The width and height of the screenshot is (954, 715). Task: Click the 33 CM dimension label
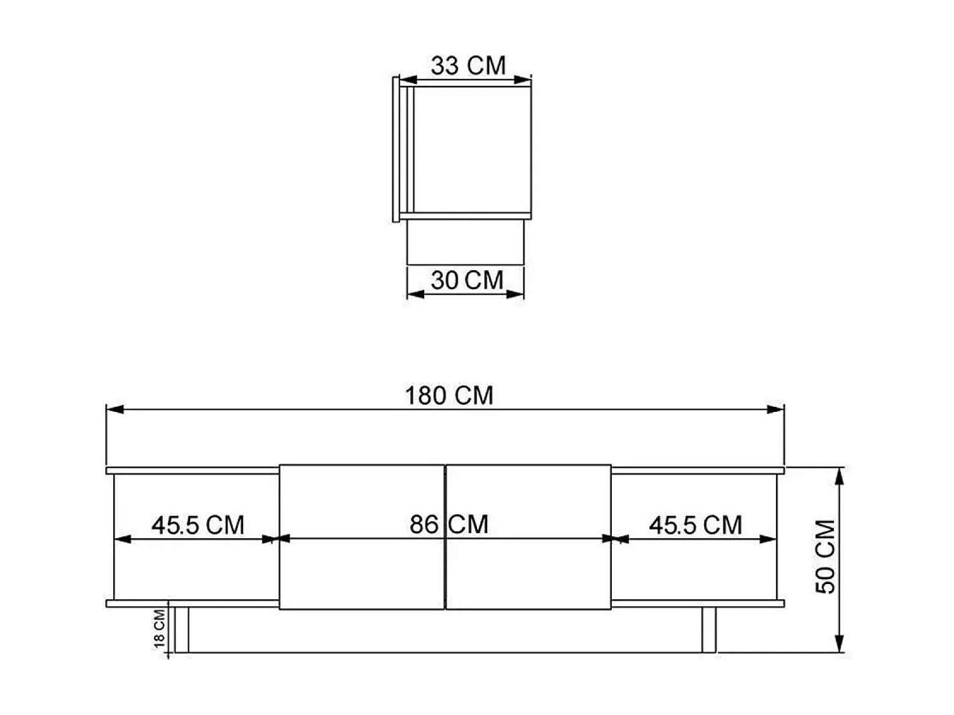[x=468, y=65]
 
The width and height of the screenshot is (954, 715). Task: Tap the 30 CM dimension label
[x=467, y=280]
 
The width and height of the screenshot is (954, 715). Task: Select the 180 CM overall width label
[x=449, y=395]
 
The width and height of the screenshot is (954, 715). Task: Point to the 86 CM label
[x=449, y=524]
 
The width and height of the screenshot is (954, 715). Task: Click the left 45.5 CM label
[x=198, y=525]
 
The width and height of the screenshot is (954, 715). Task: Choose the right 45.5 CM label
[x=695, y=525]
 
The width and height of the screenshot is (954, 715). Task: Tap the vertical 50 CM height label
[x=826, y=557]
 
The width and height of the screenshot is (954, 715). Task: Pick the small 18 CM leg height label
[x=159, y=629]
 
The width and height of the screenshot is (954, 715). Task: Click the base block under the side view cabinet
[x=465, y=242]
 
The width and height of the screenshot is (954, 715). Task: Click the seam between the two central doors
[x=445, y=572]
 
